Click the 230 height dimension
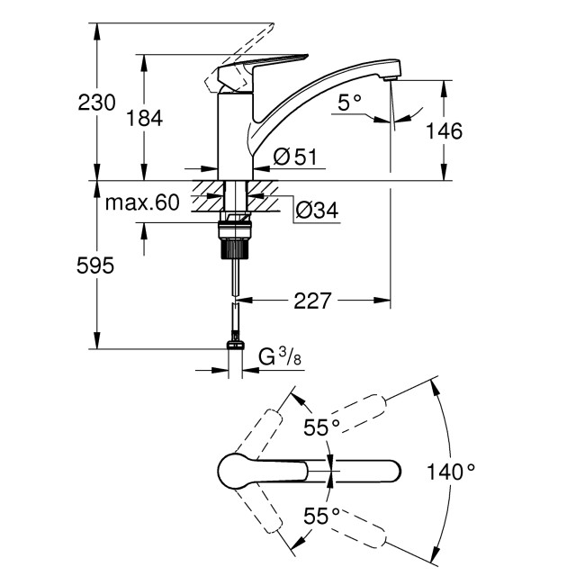96,103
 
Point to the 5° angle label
349,103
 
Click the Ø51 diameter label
293,157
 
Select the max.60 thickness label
142,202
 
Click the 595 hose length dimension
96,265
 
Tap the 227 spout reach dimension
313,300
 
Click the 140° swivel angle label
451,471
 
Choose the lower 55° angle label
320,516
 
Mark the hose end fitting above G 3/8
235,343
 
